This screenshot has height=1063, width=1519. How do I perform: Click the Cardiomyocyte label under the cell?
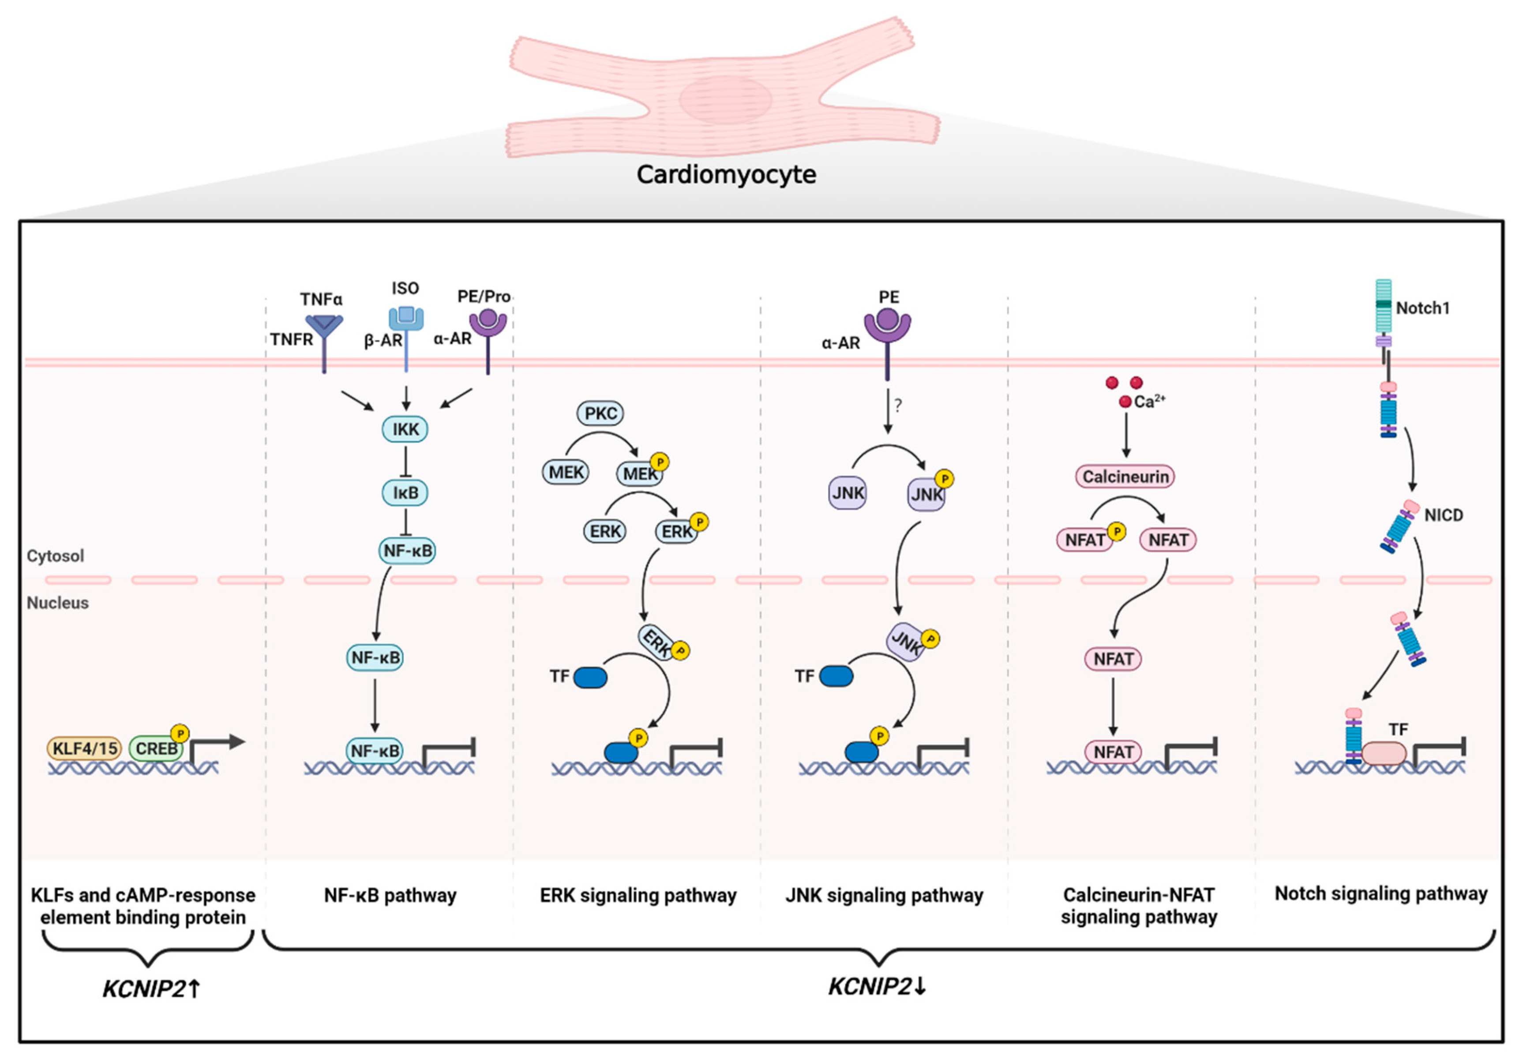coord(726,174)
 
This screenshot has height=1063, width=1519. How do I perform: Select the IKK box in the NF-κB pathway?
coord(405,429)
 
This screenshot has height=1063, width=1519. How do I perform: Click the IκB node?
coord(405,492)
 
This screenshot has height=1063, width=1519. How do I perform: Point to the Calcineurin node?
coord(1125,477)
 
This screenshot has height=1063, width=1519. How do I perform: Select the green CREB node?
coord(156,748)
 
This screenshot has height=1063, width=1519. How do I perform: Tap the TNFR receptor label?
coord(291,340)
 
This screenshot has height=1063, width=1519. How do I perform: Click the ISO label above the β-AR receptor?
coord(405,289)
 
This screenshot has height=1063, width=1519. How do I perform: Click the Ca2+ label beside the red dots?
coord(1149,402)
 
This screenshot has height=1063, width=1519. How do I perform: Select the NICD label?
coord(1444,515)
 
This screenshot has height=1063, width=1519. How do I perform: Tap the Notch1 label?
coord(1422,308)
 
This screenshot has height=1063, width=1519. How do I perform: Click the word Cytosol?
coord(56,555)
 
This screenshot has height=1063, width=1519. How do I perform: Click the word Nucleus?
coord(57,603)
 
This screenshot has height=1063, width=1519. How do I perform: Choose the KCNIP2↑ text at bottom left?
coord(151,989)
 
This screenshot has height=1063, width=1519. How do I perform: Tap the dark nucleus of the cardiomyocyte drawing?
coord(726,99)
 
